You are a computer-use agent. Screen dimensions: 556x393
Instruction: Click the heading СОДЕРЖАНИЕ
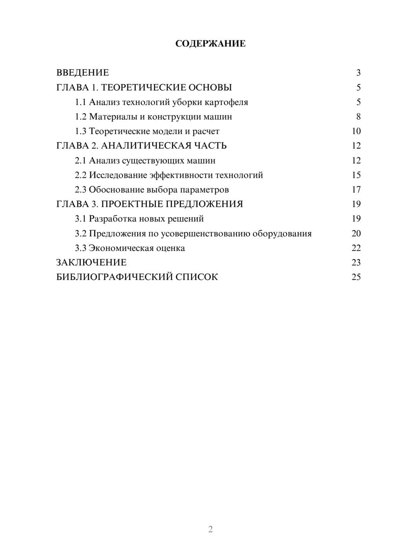pyautogui.click(x=210, y=44)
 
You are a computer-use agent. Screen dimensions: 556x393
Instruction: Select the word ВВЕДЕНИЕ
pyautogui.click(x=83, y=73)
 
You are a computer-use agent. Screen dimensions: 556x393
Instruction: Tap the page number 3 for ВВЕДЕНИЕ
pyautogui.click(x=358, y=73)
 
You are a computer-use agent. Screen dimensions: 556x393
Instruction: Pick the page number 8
pyautogui.click(x=358, y=117)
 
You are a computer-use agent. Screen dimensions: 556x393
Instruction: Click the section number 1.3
pyautogui.click(x=81, y=131)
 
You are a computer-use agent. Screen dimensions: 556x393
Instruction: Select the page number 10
pyautogui.click(x=356, y=131)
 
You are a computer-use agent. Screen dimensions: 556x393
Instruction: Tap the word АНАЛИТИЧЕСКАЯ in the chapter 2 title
pyautogui.click(x=145, y=146)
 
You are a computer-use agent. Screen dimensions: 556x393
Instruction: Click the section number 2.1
pyautogui.click(x=81, y=160)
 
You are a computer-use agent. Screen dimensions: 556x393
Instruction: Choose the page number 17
pyautogui.click(x=356, y=190)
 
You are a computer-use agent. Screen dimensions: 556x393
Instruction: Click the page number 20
pyautogui.click(x=356, y=234)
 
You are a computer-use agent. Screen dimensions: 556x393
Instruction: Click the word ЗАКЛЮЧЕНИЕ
pyautogui.click(x=91, y=263)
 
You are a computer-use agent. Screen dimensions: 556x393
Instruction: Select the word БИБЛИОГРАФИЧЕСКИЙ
pyautogui.click(x=114, y=277)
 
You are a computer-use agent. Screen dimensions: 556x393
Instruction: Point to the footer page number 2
pyautogui.click(x=210, y=529)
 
